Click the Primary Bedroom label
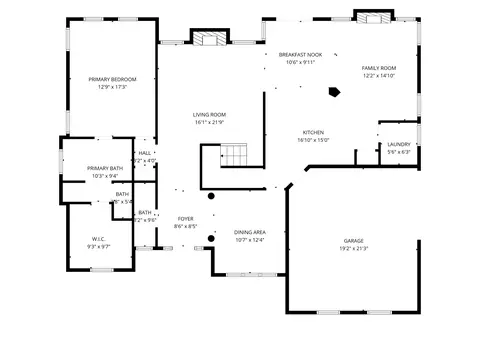coord(112,79)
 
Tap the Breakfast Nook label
coord(300,54)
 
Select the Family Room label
coord(379,68)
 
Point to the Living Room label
coord(210,115)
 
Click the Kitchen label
coord(313,133)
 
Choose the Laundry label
coord(398,145)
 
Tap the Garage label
coord(353,241)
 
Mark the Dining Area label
coord(250,232)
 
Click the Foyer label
coord(186,219)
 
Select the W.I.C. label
coord(98,239)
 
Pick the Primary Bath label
coord(105,168)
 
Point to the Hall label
coord(145,153)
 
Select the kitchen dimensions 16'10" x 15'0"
coord(313,140)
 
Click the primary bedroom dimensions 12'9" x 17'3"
coord(112,87)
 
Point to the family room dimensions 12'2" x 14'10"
coord(379,75)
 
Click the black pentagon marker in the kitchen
coord(334,93)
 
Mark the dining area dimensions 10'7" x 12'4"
coord(250,239)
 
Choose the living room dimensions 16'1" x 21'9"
coord(210,122)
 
